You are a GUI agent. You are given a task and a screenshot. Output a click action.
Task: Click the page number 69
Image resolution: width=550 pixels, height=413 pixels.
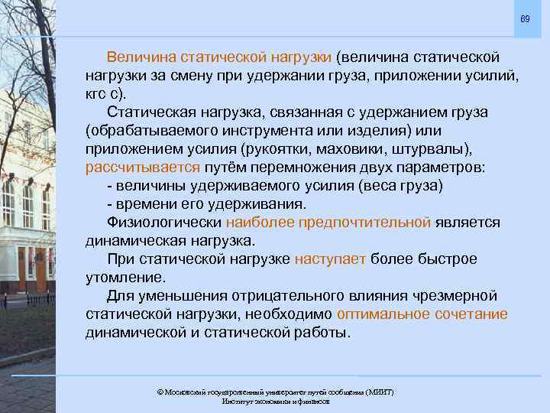coord(525,18)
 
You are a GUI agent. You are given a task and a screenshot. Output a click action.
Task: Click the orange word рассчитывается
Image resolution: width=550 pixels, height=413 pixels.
coord(144,167)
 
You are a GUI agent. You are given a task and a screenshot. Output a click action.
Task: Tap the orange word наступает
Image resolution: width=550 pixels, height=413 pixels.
coord(330,259)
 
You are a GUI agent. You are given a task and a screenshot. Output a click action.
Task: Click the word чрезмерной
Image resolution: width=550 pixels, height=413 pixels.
coord(457,295)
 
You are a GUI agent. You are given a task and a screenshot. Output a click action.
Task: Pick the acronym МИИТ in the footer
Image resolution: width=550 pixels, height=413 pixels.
coord(378,392)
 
